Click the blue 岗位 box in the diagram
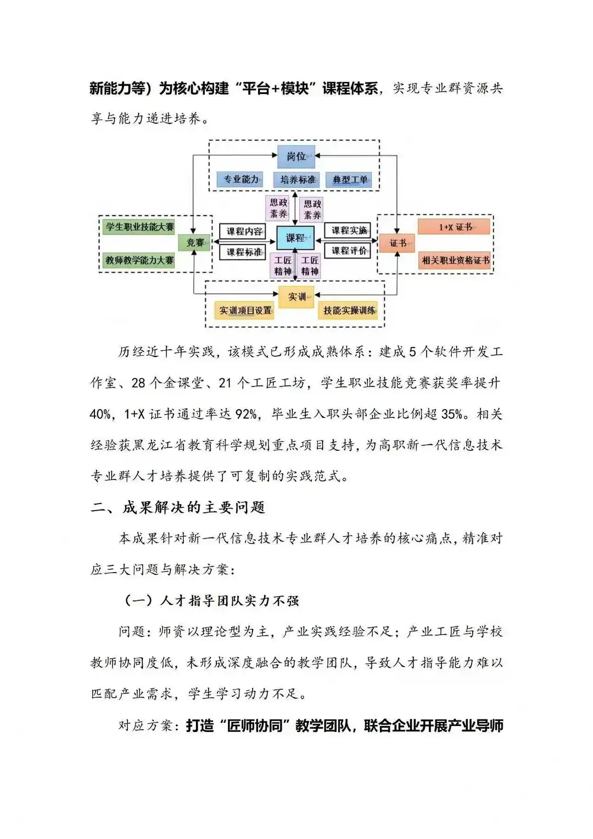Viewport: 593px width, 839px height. pyautogui.click(x=296, y=156)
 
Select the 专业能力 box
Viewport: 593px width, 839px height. pyautogui.click(x=240, y=180)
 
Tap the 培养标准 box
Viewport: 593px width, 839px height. pyautogui.click(x=297, y=180)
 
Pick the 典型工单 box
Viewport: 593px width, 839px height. pyautogui.click(x=349, y=180)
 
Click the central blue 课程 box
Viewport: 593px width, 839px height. pyautogui.click(x=295, y=238)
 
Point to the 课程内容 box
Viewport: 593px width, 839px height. pyautogui.click(x=244, y=231)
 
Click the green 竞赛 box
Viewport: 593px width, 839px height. pyautogui.click(x=195, y=242)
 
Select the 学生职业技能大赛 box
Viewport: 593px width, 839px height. pyautogui.click(x=139, y=227)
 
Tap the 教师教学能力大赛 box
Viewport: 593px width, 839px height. pyautogui.click(x=139, y=260)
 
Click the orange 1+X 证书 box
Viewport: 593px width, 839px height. pyautogui.click(x=454, y=227)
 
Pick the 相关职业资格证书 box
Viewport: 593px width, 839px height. pyautogui.click(x=455, y=260)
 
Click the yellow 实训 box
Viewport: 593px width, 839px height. pyautogui.click(x=296, y=297)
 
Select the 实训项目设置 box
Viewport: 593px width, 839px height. pyautogui.click(x=245, y=310)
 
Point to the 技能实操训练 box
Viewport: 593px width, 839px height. pyautogui.click(x=349, y=310)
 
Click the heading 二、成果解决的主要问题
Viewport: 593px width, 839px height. pyautogui.click(x=178, y=507)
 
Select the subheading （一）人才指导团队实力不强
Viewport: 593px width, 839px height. pyautogui.click(x=212, y=601)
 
